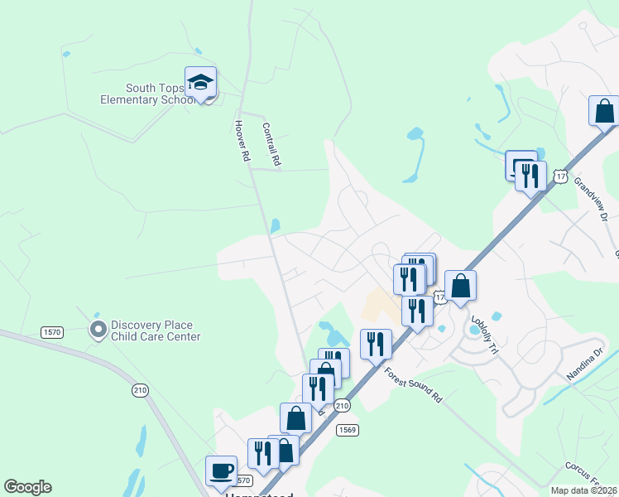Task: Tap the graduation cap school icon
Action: click(200, 83)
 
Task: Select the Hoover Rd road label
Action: click(242, 140)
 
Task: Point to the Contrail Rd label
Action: click(271, 145)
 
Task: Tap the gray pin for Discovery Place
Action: click(98, 330)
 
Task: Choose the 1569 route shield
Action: click(347, 429)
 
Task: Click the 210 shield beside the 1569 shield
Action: click(342, 405)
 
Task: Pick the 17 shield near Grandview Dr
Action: click(561, 176)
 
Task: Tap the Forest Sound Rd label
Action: click(414, 385)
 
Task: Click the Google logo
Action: click(27, 487)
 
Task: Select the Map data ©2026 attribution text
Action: click(584, 490)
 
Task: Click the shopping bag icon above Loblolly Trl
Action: click(460, 287)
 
